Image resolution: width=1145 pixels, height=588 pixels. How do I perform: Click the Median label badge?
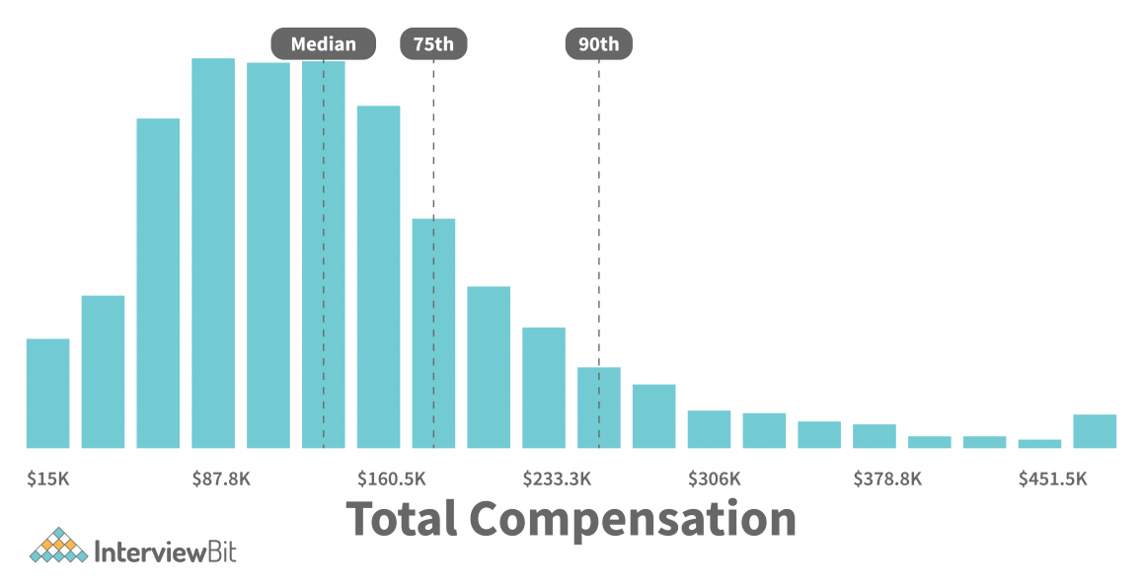click(323, 44)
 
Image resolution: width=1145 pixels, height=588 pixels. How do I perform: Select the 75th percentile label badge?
click(433, 44)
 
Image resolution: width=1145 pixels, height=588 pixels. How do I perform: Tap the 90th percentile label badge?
click(598, 44)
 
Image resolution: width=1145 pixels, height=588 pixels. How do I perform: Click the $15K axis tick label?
click(48, 479)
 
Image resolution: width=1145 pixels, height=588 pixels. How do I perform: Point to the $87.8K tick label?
click(221, 479)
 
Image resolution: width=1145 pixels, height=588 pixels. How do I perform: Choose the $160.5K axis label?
click(392, 479)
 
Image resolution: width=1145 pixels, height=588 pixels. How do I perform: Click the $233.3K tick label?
click(557, 479)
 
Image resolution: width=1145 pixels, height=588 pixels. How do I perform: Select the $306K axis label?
click(714, 479)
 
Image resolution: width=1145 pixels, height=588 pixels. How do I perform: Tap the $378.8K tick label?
click(887, 479)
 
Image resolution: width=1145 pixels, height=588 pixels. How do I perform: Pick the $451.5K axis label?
click(1052, 479)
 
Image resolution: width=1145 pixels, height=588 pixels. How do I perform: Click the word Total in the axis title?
click(402, 520)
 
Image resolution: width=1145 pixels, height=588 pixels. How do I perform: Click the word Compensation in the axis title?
click(633, 520)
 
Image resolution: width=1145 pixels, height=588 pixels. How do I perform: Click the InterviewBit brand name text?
click(165, 550)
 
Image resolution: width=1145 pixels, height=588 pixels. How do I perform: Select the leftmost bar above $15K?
click(48, 394)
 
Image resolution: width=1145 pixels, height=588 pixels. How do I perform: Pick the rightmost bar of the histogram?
click(1095, 431)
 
